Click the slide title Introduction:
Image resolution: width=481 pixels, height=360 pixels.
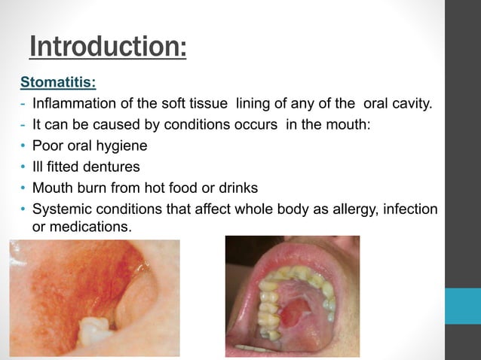pos(108,47)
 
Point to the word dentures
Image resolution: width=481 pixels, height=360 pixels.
pos(112,166)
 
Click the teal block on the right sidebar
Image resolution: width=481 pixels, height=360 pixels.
pos(462,306)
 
